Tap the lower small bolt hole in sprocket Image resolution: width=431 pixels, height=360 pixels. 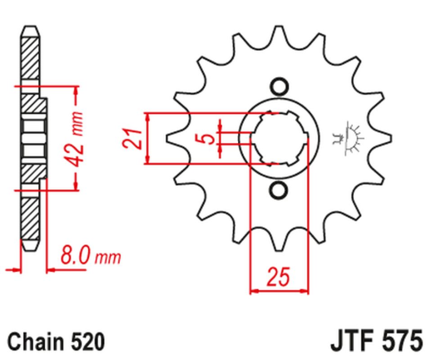point(278,193)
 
